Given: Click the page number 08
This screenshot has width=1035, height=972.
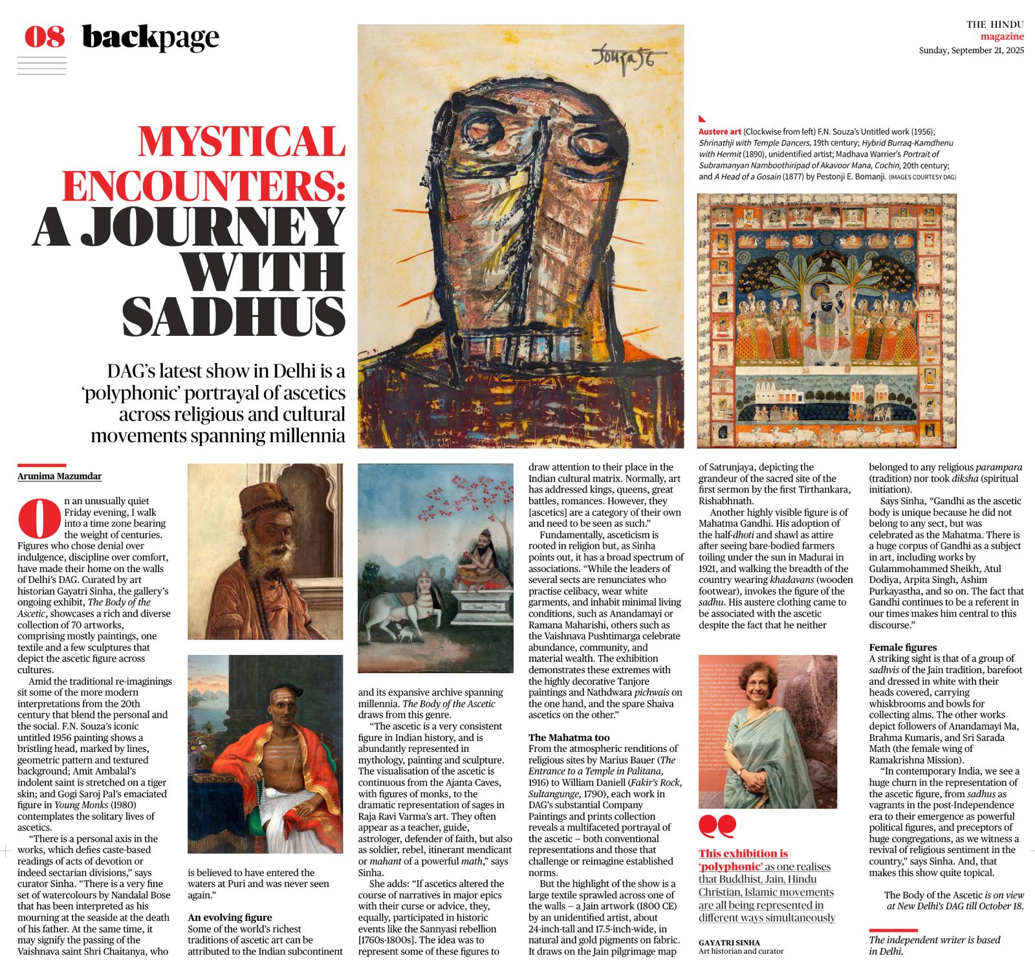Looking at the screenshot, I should pos(45,37).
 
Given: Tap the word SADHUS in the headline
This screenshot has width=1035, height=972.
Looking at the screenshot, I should pos(234,316).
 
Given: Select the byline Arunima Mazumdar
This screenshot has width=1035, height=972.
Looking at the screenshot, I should pos(60,476).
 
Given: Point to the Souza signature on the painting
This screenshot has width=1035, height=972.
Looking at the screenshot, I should pos(622,58).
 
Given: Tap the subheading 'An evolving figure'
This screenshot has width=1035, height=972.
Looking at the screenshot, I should pos(230,917).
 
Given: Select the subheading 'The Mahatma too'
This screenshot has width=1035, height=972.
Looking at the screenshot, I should pos(569,737).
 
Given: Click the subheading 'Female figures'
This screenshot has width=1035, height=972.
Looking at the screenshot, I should pos(902,647).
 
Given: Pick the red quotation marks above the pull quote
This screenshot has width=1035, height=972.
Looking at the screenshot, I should pos(717,826).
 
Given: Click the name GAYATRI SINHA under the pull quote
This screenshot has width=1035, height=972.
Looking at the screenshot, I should pos(729,942).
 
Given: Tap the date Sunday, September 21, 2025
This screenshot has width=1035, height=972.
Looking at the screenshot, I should pos(971,50).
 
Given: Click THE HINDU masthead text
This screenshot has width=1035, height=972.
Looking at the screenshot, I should pos(995,25).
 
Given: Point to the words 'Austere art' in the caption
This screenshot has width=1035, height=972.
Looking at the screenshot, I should pos(719,131).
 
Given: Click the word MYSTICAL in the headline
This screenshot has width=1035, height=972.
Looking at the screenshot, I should pos(241,142).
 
